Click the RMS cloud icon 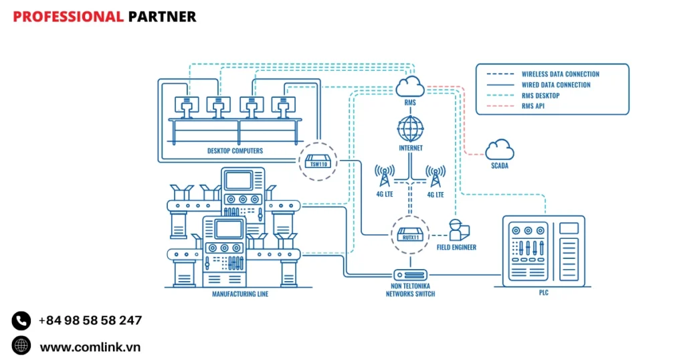(x=410, y=86)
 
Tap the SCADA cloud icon (x=500, y=149)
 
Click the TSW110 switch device (x=316, y=161)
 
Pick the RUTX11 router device (x=410, y=234)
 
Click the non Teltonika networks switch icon (x=410, y=275)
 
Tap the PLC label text (x=543, y=293)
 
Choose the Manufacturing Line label (x=239, y=294)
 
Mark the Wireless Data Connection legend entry (x=560, y=74)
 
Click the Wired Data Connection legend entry (x=556, y=85)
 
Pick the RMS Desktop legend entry (x=541, y=96)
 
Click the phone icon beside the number (x=21, y=321)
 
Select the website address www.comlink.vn (x=90, y=347)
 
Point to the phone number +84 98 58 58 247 (x=90, y=321)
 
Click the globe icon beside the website (x=21, y=346)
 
